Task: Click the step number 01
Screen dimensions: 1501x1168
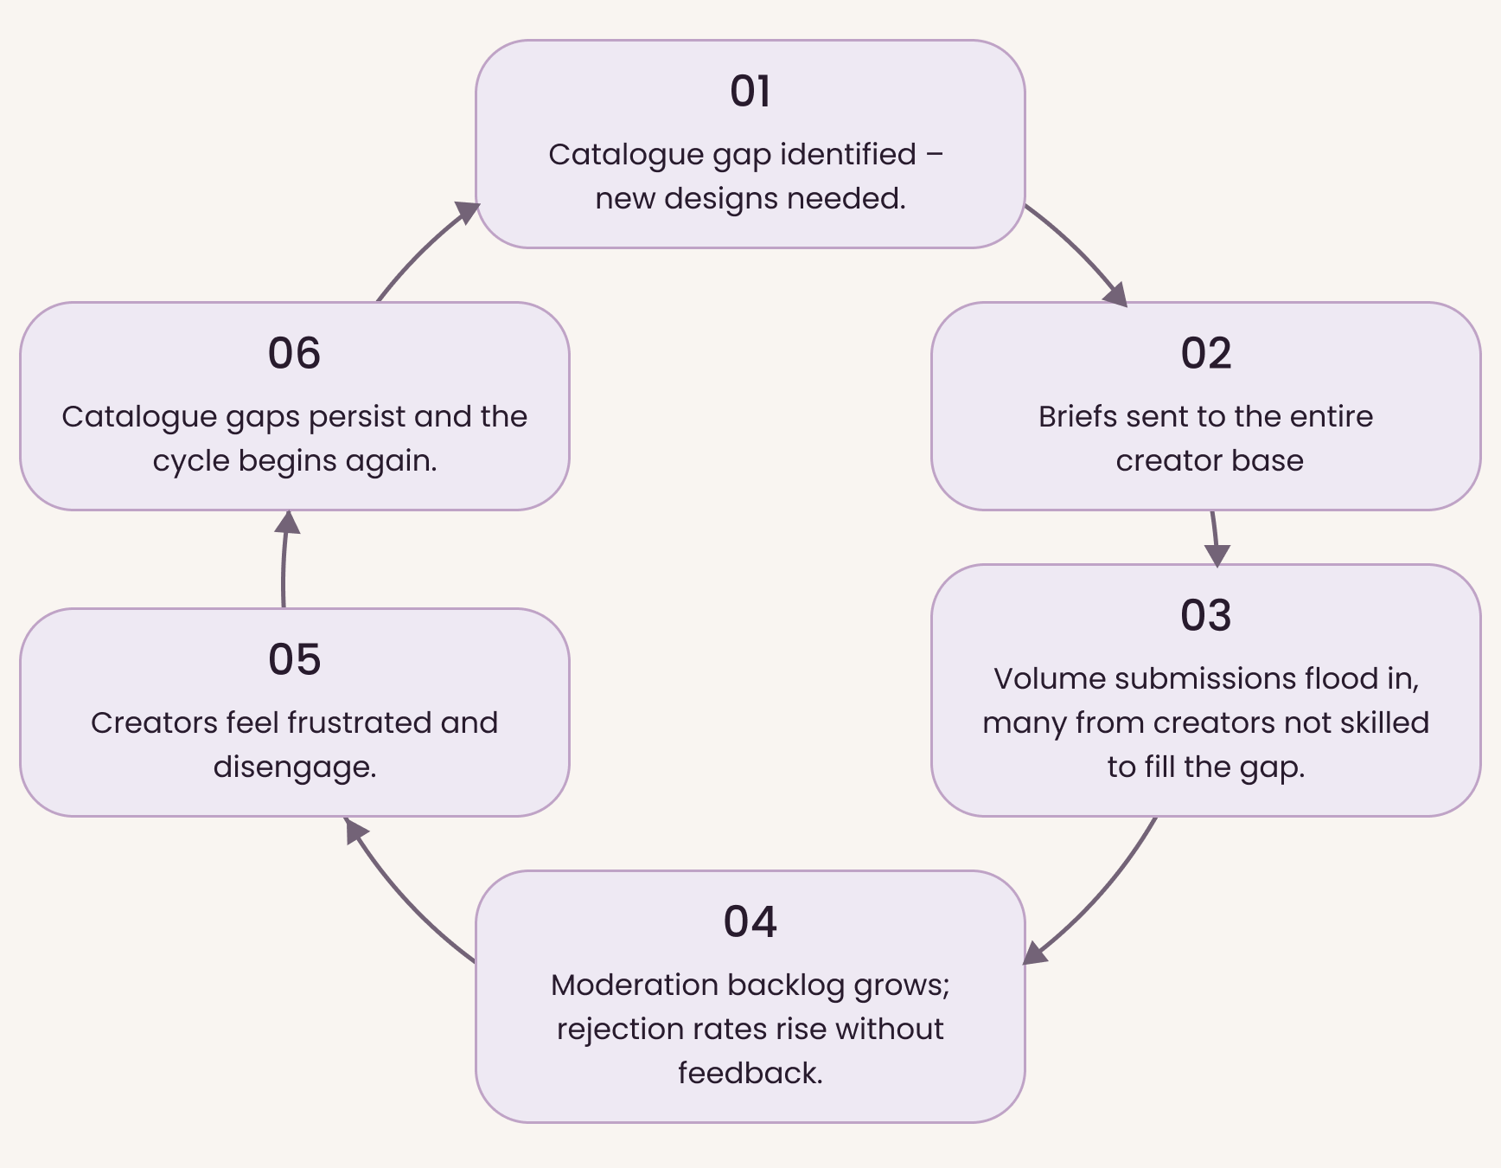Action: [750, 91]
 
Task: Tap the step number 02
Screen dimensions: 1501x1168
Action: [1205, 353]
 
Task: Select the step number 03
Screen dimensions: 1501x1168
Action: [1205, 615]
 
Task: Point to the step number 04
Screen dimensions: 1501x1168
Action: [750, 921]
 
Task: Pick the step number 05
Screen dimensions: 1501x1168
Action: [294, 659]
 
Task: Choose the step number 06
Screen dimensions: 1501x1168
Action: [294, 353]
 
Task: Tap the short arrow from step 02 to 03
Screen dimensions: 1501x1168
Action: [1215, 538]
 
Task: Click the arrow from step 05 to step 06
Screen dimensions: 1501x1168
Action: [284, 559]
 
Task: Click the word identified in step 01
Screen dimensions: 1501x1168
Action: [847, 154]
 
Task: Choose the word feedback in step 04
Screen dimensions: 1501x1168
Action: [750, 1073]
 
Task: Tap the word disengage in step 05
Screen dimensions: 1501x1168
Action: [294, 767]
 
